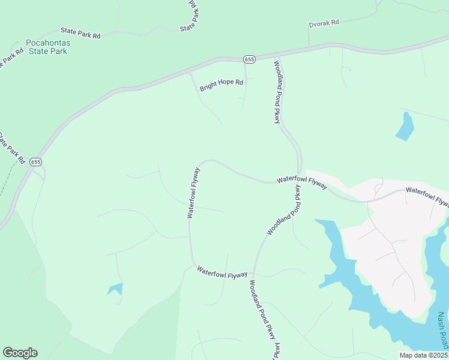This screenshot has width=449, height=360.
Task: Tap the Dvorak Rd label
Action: pyautogui.click(x=324, y=22)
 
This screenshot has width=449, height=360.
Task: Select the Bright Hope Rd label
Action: pyautogui.click(x=221, y=82)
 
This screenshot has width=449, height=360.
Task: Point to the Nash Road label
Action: pyautogui.click(x=442, y=330)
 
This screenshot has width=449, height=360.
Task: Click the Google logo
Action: pyautogui.click(x=20, y=353)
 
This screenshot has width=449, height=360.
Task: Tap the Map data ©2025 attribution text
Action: pyautogui.click(x=423, y=355)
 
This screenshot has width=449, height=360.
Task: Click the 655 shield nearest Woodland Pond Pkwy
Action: pyautogui.click(x=250, y=59)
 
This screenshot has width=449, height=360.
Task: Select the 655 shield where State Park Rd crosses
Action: pyautogui.click(x=36, y=162)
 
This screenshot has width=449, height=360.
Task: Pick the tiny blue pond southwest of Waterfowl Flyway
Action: pyautogui.click(x=115, y=289)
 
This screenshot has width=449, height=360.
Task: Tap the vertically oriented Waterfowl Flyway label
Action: pyautogui.click(x=193, y=193)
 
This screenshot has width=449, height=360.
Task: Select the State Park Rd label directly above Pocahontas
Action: pyautogui.click(x=80, y=33)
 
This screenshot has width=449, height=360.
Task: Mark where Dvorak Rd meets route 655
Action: pyautogui.click(x=309, y=47)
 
